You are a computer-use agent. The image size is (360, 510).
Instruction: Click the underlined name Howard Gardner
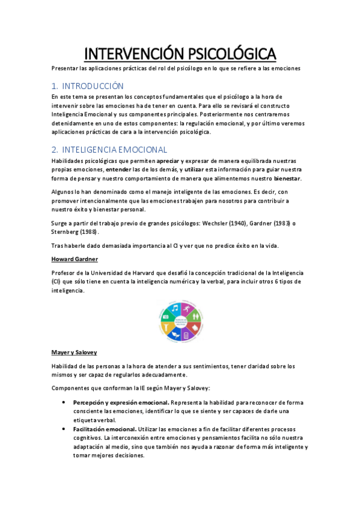click(x=75, y=259)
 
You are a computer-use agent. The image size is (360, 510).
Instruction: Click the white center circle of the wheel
click(x=180, y=319)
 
